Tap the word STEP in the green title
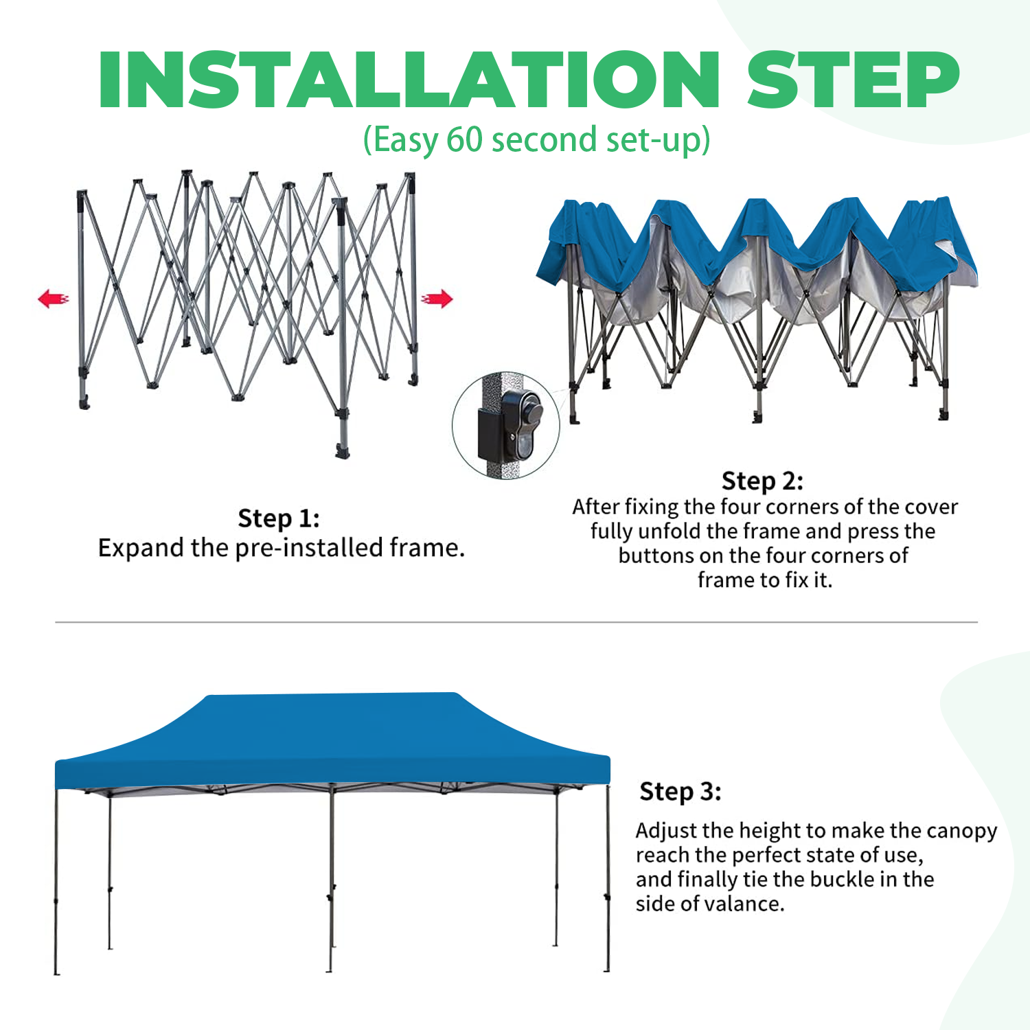click(x=853, y=80)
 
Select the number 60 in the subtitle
click(x=465, y=139)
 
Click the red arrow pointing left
click(x=54, y=299)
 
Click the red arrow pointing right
click(x=437, y=299)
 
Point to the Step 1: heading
click(x=279, y=518)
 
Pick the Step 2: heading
click(x=762, y=481)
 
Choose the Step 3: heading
click(x=680, y=792)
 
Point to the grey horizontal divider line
click(x=515, y=622)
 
